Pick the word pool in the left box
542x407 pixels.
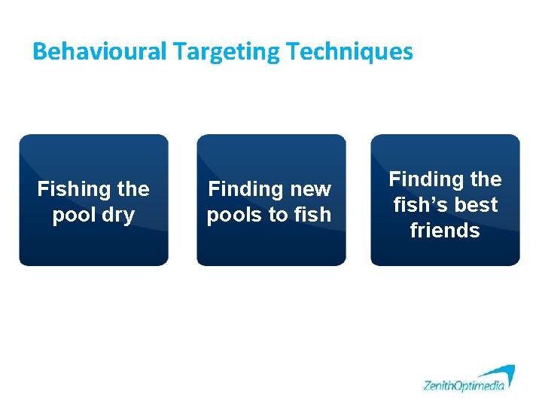74,215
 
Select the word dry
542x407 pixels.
117,216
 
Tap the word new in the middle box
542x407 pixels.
310,189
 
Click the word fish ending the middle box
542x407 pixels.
313,215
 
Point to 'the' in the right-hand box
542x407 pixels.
485,179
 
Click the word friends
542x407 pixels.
445,231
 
